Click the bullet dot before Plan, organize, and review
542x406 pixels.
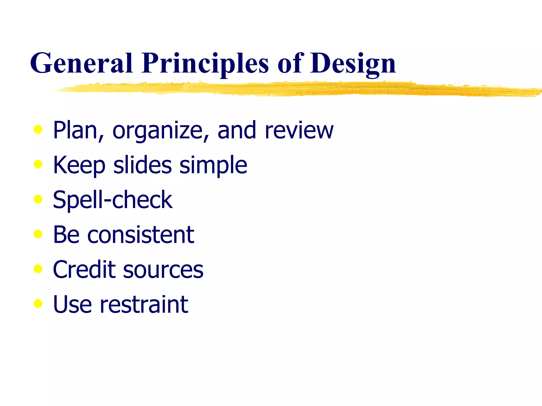(x=38, y=130)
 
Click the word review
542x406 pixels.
(x=299, y=131)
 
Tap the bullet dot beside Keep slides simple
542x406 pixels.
(x=38, y=164)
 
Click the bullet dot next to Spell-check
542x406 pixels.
(x=38, y=199)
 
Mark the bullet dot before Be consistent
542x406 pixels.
(x=38, y=234)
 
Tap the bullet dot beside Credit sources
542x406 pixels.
(x=38, y=269)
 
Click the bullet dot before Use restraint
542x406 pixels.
(x=38, y=304)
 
